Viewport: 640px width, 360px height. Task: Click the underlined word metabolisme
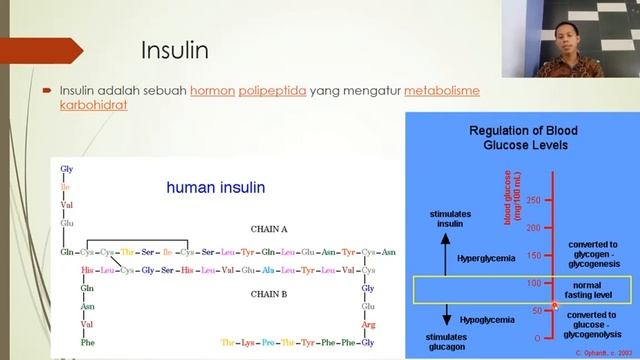(442, 90)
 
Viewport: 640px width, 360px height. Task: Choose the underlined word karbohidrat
(93, 105)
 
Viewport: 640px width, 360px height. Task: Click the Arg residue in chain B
(368, 324)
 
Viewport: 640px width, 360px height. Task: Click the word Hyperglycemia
(486, 258)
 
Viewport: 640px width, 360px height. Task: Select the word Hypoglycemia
(485, 319)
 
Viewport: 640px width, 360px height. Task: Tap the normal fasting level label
(594, 289)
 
